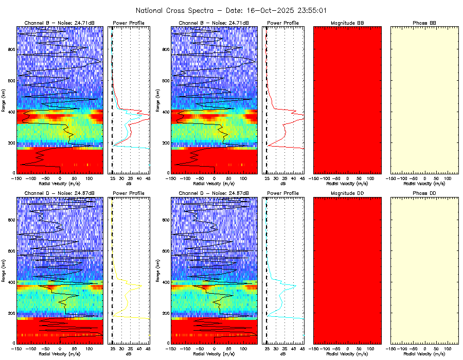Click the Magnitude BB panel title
click(x=347, y=23)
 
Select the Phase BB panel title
click(x=424, y=23)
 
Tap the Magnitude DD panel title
click(x=347, y=193)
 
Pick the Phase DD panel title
click(x=424, y=193)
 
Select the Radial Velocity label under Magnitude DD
click(x=347, y=353)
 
